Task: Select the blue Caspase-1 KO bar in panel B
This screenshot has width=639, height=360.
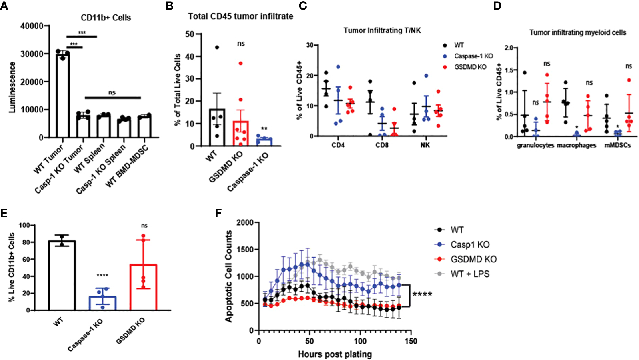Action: click(x=264, y=142)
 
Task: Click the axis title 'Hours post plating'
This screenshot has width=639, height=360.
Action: click(x=335, y=354)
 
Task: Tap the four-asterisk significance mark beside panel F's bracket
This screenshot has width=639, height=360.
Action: click(x=422, y=295)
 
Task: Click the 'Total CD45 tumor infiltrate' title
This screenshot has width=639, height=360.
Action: click(x=241, y=16)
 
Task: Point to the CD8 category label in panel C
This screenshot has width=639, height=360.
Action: click(x=382, y=145)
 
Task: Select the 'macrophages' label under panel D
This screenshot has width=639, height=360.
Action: click(x=577, y=145)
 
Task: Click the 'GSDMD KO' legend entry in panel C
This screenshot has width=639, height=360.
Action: click(x=470, y=67)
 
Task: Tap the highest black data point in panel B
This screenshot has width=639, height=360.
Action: click(x=217, y=47)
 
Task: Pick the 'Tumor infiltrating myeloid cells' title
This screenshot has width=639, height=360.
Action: click(x=578, y=32)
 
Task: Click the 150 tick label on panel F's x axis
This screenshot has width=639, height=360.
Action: click(x=411, y=341)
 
